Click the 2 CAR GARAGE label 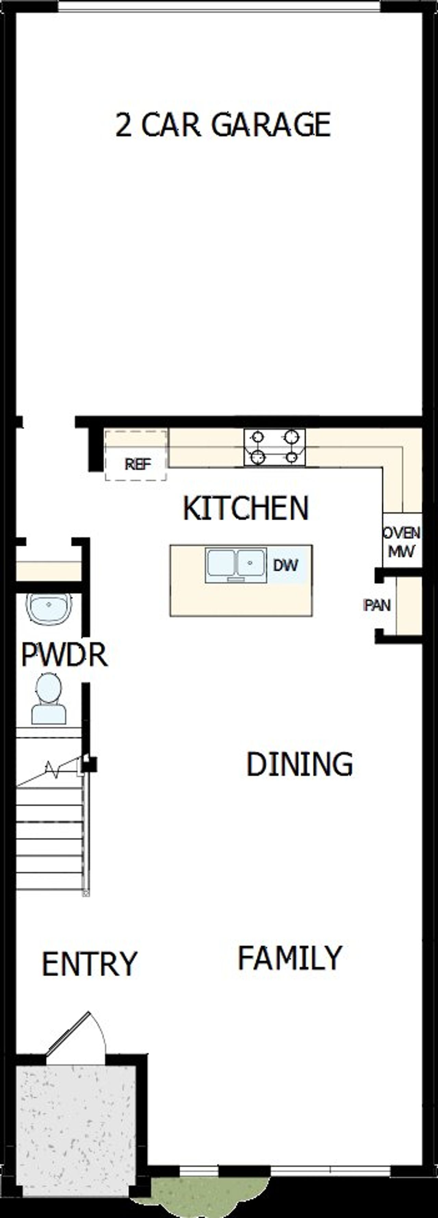[x=223, y=125]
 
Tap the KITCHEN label [x=246, y=508]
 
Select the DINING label [x=299, y=764]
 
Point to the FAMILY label [x=289, y=958]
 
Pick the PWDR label [x=64, y=655]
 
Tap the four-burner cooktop [x=274, y=447]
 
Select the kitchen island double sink [x=235, y=564]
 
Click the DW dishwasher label [x=286, y=565]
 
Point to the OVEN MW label [x=402, y=542]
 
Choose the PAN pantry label [x=377, y=605]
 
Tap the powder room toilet [x=49, y=699]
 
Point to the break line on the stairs [x=52, y=770]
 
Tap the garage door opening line [x=219, y=7]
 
